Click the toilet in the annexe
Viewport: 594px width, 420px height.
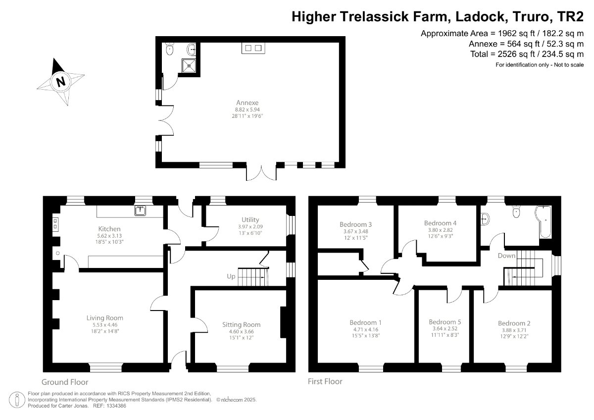pos(170,49)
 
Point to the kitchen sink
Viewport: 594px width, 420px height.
pos(141,211)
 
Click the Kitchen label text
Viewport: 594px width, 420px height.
pos(109,229)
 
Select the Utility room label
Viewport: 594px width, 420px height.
pos(250,219)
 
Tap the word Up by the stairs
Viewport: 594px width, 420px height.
pos(231,276)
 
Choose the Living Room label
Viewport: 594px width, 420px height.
pos(104,318)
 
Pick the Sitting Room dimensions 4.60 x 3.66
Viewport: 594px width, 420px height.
pos(241,332)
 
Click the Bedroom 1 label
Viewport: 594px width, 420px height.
pos(366,322)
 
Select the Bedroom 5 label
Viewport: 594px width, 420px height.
pos(442,321)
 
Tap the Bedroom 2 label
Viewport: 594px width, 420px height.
pos(513,323)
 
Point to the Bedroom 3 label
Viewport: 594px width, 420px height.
pos(356,224)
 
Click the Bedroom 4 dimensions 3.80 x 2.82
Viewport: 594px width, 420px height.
pos(439,230)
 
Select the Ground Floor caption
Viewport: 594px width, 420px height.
pos(65,382)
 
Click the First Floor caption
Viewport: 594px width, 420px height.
pos(325,381)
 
